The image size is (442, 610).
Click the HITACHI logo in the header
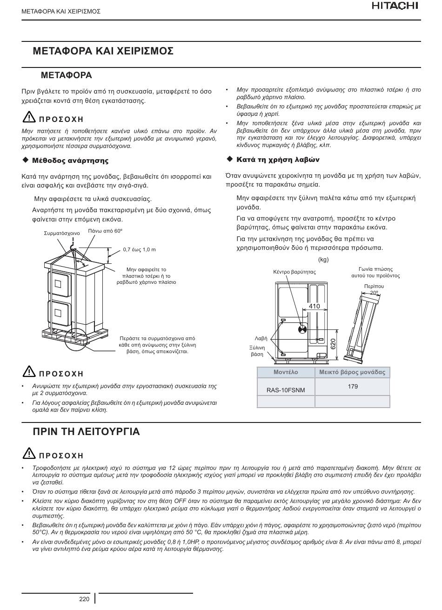[x=395, y=6]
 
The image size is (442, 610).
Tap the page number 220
[x=84, y=599]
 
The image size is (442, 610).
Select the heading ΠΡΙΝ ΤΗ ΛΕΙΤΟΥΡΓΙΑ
[x=87, y=432]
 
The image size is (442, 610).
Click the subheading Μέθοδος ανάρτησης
[x=70, y=161]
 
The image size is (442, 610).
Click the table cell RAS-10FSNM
[x=286, y=390]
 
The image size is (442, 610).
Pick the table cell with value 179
[x=353, y=386]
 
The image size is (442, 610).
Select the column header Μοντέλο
[x=286, y=372]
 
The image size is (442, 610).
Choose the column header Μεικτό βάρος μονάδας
[x=352, y=372]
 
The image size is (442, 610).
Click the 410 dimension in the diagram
[x=315, y=306]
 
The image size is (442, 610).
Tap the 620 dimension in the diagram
[x=333, y=344]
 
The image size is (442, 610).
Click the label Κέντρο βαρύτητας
[x=295, y=272]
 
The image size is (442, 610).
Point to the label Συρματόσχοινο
[x=62, y=233]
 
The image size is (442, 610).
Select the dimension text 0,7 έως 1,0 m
[x=139, y=250]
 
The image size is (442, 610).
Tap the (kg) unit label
[x=323, y=260]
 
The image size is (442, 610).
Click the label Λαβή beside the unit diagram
[x=261, y=338]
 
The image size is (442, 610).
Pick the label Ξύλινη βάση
[x=257, y=351]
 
